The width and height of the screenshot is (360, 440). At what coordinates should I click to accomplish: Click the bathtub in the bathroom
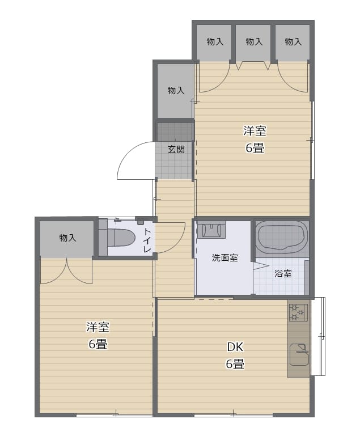(x=282, y=237)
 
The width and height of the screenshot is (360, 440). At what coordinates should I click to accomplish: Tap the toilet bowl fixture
(x=120, y=238)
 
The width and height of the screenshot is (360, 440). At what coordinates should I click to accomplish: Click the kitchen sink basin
(x=299, y=354)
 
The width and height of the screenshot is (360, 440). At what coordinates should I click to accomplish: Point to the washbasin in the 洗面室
(x=211, y=230)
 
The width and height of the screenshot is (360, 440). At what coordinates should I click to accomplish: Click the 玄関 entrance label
(x=176, y=149)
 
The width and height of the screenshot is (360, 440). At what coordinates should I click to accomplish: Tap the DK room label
(x=235, y=347)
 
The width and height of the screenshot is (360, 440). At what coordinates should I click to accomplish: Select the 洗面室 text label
(x=225, y=257)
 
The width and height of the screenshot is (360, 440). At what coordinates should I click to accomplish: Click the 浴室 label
(x=283, y=274)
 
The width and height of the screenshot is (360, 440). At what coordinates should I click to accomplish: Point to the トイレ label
(x=147, y=240)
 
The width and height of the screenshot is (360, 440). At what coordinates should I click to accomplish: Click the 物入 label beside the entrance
(x=176, y=90)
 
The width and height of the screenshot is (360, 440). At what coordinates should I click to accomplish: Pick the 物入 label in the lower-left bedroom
(x=67, y=238)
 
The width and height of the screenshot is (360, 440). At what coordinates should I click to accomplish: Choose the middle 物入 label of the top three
(x=254, y=41)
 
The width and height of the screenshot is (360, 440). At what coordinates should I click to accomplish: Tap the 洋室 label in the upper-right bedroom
(x=255, y=131)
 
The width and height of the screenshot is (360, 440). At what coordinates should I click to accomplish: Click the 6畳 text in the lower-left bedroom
(x=98, y=344)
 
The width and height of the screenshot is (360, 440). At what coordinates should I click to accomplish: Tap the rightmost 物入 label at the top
(x=293, y=41)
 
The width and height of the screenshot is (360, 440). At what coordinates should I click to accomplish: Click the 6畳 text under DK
(x=235, y=364)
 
